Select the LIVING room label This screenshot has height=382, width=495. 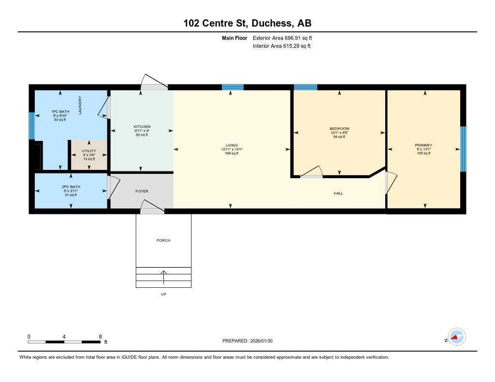click(x=232, y=145)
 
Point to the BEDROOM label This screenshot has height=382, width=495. click(x=339, y=128)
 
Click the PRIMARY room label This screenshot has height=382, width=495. click(x=423, y=145)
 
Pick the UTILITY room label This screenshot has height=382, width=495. click(x=88, y=151)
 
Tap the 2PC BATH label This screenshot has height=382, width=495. click(x=71, y=186)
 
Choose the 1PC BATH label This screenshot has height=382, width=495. click(x=61, y=112)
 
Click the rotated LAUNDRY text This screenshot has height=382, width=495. click(x=80, y=105)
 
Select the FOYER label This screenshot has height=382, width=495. click(x=142, y=191)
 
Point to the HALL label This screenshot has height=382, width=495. click(x=338, y=193)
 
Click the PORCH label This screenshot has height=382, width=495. click(x=163, y=240)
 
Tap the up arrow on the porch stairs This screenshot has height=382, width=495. click(x=163, y=277)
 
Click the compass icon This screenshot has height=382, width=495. click(x=456, y=337)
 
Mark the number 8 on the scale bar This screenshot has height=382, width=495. click(x=100, y=336)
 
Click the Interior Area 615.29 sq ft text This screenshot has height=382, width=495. click(x=281, y=46)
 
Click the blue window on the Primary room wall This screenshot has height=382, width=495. click(x=463, y=149)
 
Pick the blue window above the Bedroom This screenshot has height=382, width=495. click(x=306, y=87)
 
